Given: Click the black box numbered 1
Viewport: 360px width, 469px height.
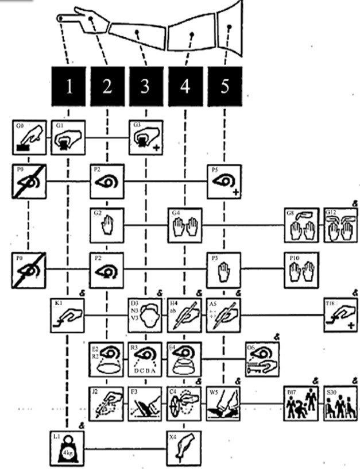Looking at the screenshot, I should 68,86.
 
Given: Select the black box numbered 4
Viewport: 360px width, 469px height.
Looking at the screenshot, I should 185,86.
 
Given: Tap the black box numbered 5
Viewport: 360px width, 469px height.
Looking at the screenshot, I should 224,86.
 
